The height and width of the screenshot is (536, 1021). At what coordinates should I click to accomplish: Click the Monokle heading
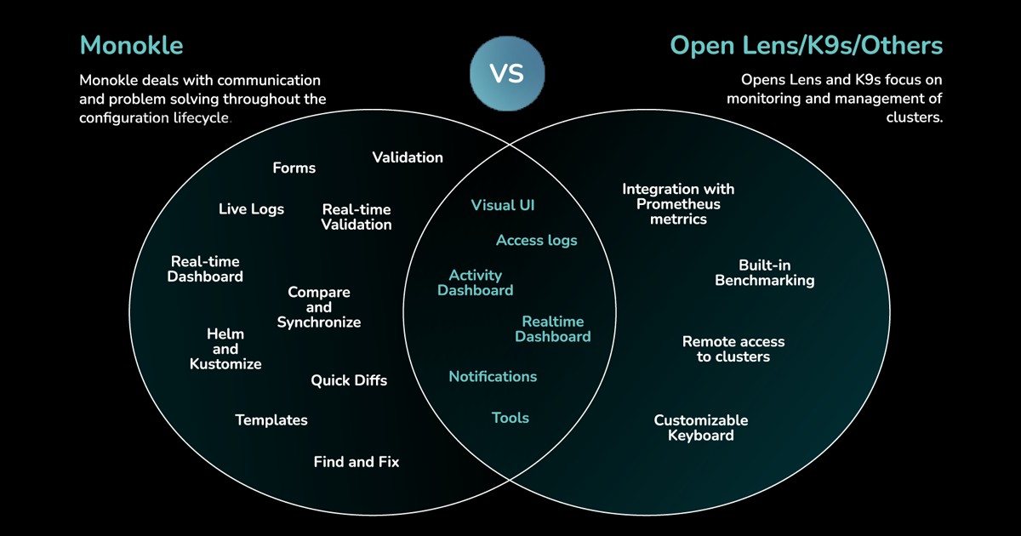131,44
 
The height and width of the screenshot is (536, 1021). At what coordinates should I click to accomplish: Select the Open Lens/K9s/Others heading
806,44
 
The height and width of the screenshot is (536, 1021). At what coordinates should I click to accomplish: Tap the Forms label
294,168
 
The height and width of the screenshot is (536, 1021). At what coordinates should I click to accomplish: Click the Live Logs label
251,209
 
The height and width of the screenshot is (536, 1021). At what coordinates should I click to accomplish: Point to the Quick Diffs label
348,380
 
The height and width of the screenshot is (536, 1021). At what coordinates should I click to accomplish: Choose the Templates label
271,420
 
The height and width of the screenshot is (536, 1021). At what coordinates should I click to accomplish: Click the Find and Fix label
356,462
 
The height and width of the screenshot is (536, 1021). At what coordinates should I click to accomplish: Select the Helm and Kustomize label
225,349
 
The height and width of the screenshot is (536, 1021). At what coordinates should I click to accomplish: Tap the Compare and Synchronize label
319,307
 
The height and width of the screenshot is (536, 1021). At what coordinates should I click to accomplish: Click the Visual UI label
502,205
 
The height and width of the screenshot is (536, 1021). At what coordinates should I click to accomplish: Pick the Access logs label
536,241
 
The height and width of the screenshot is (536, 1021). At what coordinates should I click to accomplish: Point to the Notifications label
493,377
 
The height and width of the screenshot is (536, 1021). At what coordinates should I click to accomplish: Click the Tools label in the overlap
510,418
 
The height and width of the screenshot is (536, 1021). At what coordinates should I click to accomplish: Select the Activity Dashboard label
475,282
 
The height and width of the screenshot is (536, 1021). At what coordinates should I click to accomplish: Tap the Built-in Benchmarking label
764,273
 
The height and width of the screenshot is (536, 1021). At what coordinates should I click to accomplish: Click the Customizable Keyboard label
701,428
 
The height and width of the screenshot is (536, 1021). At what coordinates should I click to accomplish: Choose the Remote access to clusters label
733,349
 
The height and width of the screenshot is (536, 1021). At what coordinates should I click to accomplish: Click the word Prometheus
678,204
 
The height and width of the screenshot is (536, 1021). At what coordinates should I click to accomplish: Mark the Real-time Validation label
356,217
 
